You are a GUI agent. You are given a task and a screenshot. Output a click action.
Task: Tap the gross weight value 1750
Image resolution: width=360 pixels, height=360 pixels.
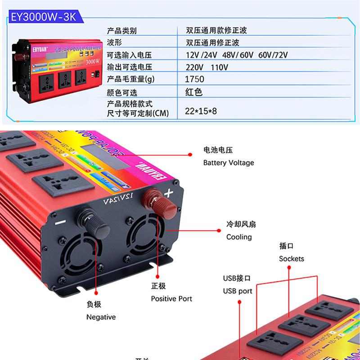(195, 79)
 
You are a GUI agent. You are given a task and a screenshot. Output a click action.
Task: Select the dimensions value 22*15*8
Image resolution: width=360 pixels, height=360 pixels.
(201, 110)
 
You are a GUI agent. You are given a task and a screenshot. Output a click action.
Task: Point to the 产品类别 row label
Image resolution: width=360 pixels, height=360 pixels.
(121, 31)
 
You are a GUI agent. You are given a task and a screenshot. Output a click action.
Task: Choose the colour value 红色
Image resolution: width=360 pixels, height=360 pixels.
(194, 92)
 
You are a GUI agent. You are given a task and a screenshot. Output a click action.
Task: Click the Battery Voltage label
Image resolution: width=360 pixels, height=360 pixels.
(229, 162)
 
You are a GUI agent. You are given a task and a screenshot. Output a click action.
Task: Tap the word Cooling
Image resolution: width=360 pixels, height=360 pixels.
(239, 237)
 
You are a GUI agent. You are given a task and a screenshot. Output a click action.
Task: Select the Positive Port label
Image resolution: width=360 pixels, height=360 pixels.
(171, 298)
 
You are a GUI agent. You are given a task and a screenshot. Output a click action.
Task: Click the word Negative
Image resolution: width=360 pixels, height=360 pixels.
(101, 317)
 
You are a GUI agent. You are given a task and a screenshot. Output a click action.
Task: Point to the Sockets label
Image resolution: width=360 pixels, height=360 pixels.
(292, 258)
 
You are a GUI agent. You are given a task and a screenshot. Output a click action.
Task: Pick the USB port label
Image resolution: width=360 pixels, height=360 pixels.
(238, 291)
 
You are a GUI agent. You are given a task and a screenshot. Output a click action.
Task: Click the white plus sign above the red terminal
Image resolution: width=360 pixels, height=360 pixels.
(169, 194)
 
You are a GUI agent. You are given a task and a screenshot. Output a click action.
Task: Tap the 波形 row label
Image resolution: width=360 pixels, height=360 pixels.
(114, 43)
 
